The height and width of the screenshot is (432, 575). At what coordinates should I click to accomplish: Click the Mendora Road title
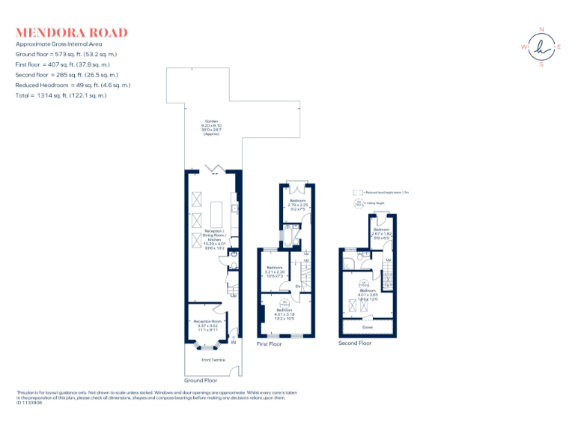tap(71, 33)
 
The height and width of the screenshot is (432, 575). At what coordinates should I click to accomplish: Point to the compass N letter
tap(541, 29)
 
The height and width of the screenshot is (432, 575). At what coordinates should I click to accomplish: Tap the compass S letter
tap(541, 64)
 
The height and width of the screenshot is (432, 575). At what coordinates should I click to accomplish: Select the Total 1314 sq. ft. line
tap(61, 95)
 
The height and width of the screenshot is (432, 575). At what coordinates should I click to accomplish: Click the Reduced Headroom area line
tap(73, 85)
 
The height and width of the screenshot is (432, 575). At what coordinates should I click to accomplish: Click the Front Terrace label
tap(213, 360)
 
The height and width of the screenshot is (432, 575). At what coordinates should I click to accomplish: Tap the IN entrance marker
tap(234, 343)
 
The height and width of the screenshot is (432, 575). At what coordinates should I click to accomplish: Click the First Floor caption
tap(269, 344)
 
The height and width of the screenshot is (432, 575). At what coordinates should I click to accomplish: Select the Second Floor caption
tap(355, 343)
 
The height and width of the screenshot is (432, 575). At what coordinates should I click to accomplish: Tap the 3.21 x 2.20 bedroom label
tap(275, 271)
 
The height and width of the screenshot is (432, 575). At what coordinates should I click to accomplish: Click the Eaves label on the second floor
tap(367, 326)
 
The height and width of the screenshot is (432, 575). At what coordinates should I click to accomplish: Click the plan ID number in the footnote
tap(29, 403)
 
